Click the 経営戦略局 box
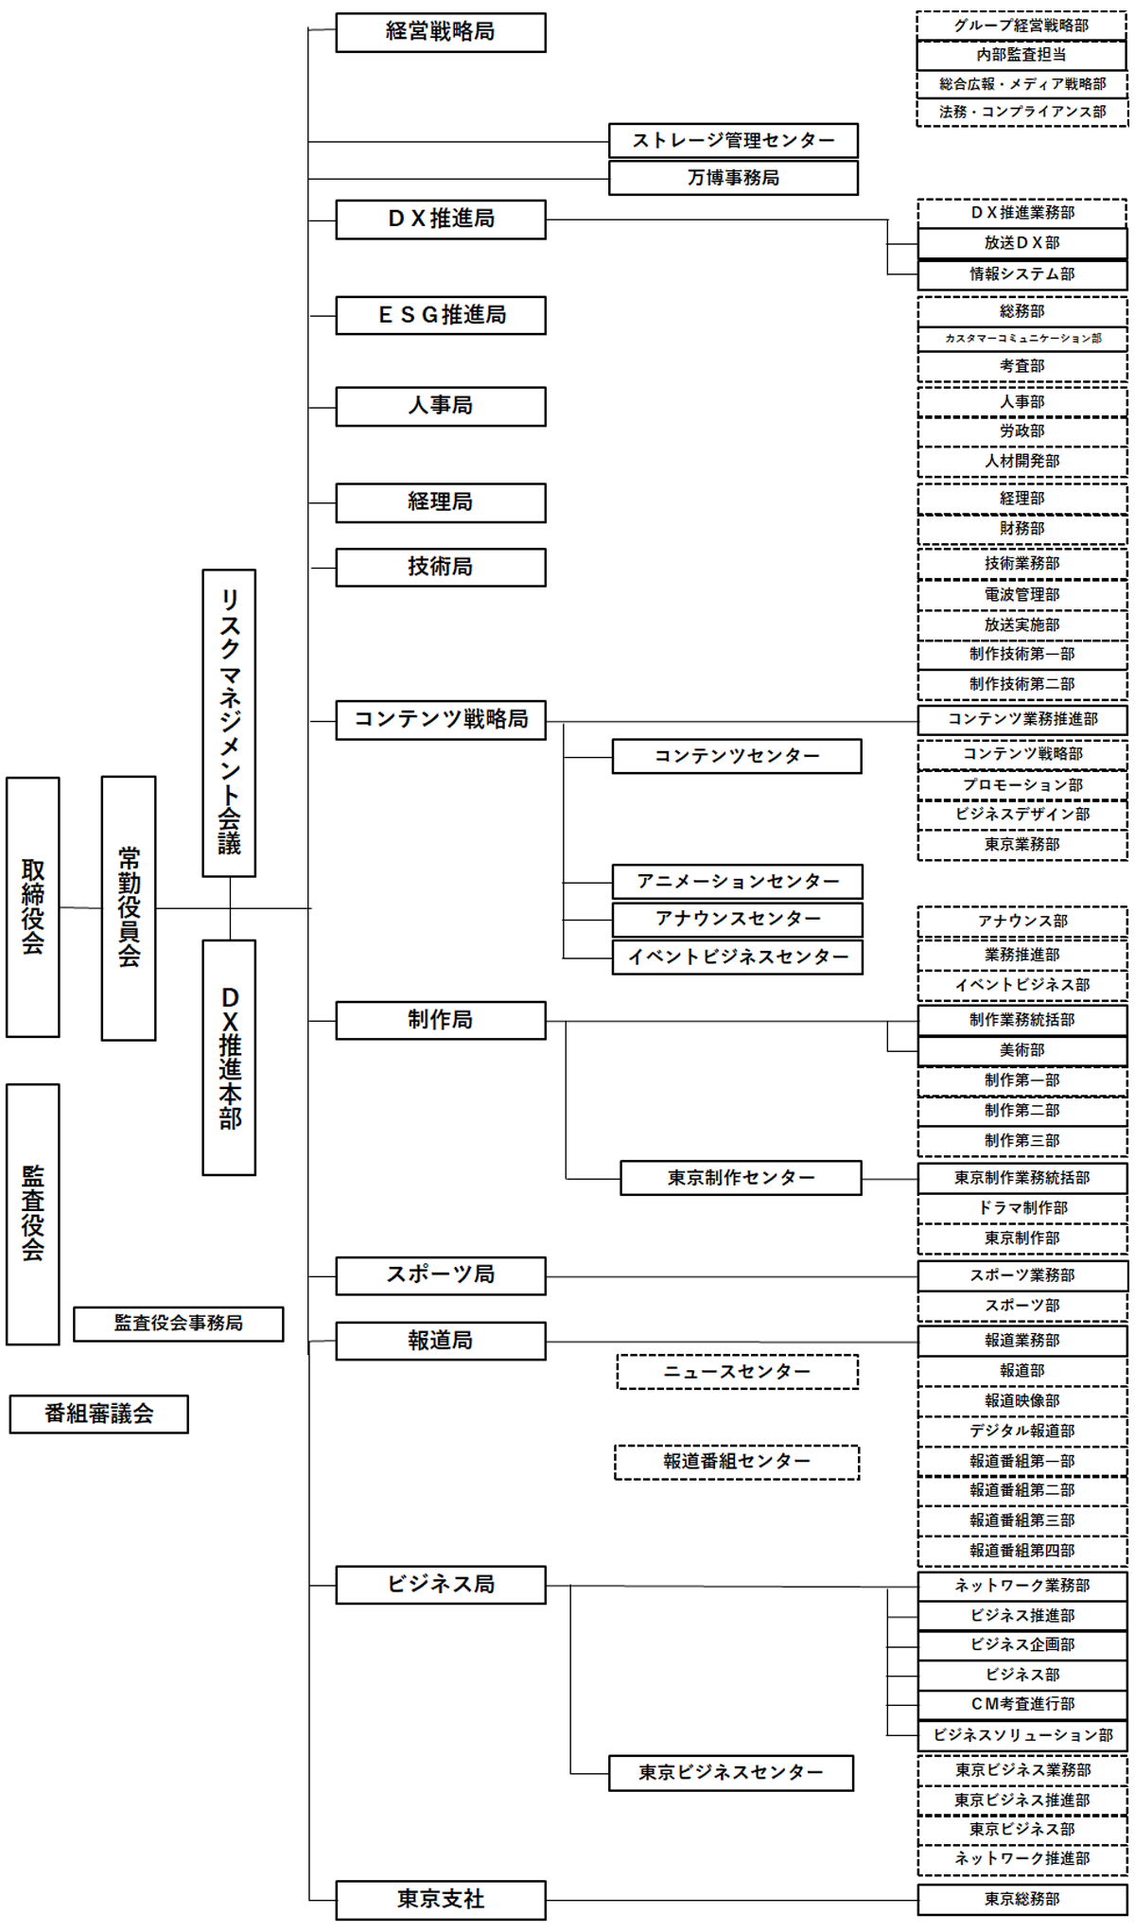[x=440, y=32]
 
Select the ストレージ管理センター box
[x=733, y=140]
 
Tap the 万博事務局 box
[x=733, y=178]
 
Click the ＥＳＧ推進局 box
[x=440, y=315]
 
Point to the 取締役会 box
[x=33, y=906]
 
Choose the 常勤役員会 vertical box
[x=129, y=908]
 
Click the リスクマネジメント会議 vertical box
[x=229, y=723]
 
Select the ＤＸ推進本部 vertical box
[x=229, y=1057]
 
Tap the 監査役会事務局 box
[x=178, y=1324]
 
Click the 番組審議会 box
[x=98, y=1414]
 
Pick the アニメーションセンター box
[x=737, y=881]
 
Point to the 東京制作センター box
[x=741, y=1178]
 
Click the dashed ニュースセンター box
[x=737, y=1372]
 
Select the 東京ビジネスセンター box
[x=730, y=1772]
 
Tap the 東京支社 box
[x=440, y=1899]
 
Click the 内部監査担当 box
[x=1021, y=55]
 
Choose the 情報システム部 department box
[x=1021, y=274]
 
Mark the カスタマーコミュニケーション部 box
[x=1021, y=338]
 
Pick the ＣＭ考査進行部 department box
[x=1021, y=1704]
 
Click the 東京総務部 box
[x=1021, y=1899]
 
